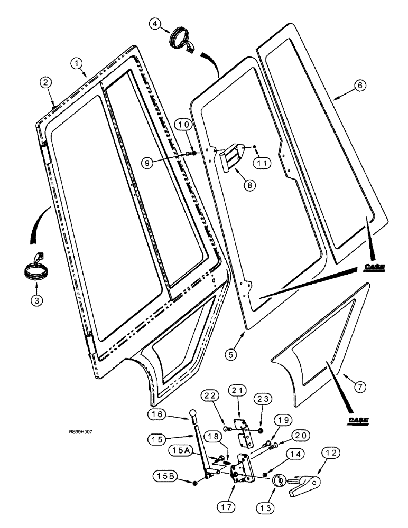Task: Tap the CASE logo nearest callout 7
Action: (x=358, y=420)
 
